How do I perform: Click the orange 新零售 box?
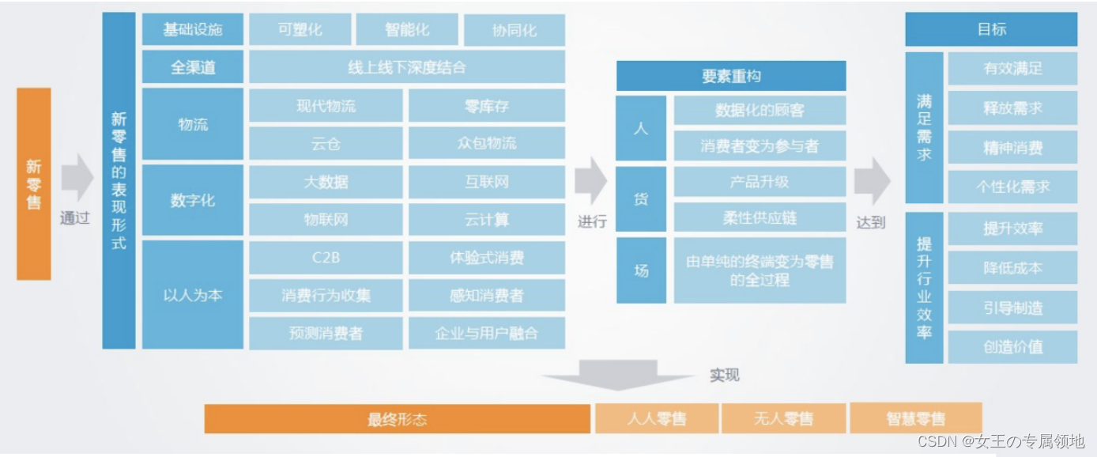[x=34, y=183]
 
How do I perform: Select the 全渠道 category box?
[x=193, y=67]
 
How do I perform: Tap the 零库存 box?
[x=486, y=105]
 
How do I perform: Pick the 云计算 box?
[x=486, y=219]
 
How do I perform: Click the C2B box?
[x=326, y=258]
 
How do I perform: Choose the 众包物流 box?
[x=486, y=143]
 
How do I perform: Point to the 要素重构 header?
[x=731, y=76]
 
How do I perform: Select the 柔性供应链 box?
[x=760, y=217]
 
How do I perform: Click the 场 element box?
[x=641, y=270]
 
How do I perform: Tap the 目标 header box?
[x=991, y=29]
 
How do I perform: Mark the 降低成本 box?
[x=1012, y=268]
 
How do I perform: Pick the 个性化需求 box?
[x=1012, y=187]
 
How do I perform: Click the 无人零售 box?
[x=783, y=418]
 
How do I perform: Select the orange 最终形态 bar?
[x=397, y=419]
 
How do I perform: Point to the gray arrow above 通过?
[x=77, y=178]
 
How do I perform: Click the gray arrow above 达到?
[x=871, y=180]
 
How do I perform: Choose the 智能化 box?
[x=407, y=30]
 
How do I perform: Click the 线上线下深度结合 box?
[x=407, y=67]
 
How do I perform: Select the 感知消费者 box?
[x=486, y=296]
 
